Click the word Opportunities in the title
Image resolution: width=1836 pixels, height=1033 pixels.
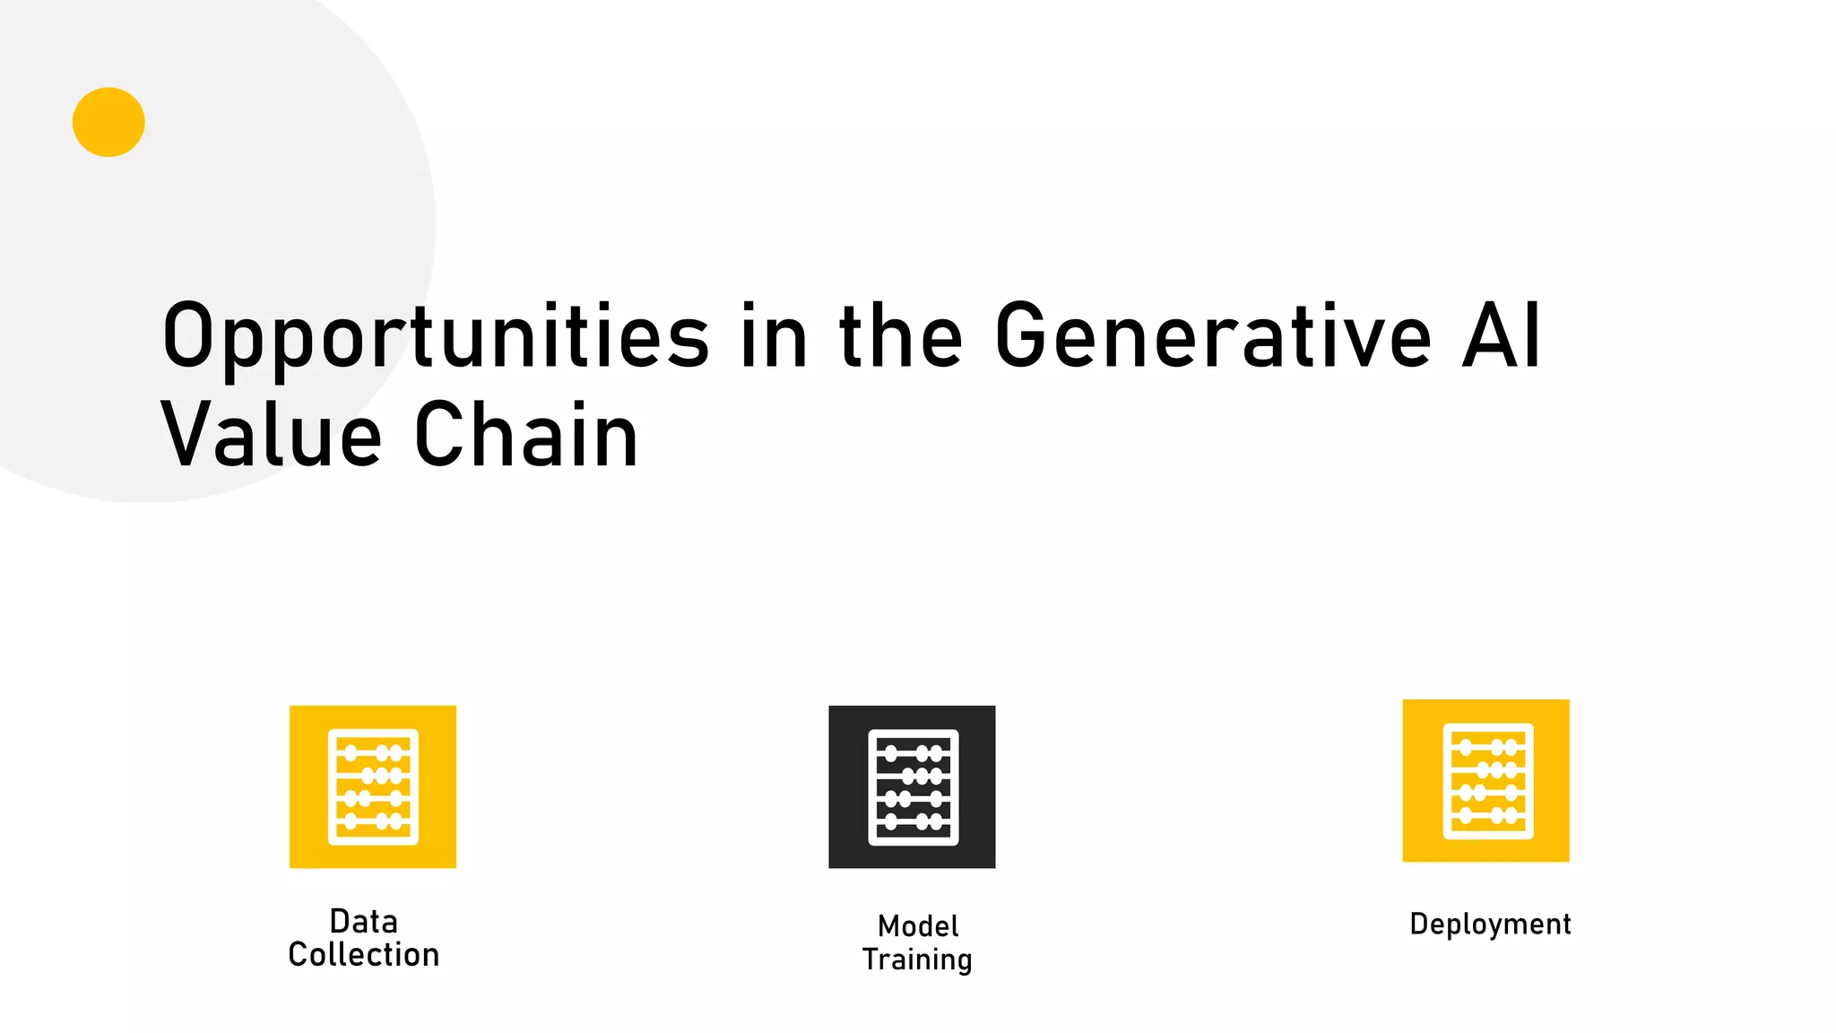pyautogui.click(x=436, y=337)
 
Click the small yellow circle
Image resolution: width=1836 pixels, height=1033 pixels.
pyautogui.click(x=108, y=122)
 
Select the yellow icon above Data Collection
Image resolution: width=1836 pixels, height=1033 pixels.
pyautogui.click(x=373, y=786)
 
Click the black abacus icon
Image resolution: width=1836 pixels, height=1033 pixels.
pyautogui.click(x=912, y=786)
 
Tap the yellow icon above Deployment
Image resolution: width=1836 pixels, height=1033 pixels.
pyautogui.click(x=1485, y=780)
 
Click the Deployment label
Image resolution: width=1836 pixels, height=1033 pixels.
pyautogui.click(x=1490, y=924)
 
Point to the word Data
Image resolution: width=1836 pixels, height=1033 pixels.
pyautogui.click(x=364, y=921)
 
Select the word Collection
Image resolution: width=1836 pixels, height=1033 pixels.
pyautogui.click(x=364, y=955)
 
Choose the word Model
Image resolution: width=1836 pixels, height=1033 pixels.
pyautogui.click(x=918, y=925)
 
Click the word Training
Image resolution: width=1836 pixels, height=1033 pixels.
pyautogui.click(x=917, y=959)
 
